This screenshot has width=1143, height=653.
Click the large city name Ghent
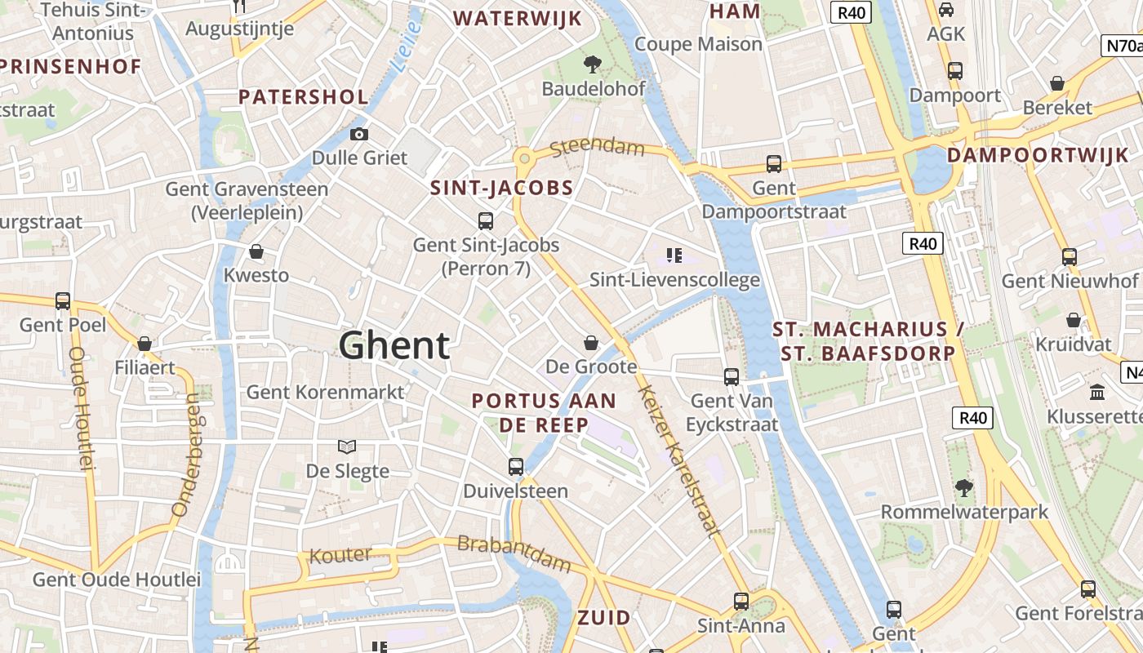tap(394, 345)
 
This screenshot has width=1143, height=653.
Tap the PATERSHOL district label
tap(304, 96)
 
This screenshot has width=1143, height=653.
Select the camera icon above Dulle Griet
tap(358, 134)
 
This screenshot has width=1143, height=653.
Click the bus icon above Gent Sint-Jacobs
tap(486, 220)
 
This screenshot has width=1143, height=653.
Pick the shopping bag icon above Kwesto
tap(256, 251)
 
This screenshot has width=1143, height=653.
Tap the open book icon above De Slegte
tap(347, 446)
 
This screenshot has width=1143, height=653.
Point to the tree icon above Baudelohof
tap(593, 64)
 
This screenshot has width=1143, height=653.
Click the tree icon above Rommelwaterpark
tap(964, 488)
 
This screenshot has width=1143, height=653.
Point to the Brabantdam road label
tap(514, 554)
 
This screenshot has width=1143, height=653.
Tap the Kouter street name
tap(340, 555)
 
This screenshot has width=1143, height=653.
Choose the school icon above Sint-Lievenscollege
tap(674, 255)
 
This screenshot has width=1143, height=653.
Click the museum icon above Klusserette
tap(1097, 392)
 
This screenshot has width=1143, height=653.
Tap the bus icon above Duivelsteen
tap(516, 467)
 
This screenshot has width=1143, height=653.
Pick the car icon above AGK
tap(946, 10)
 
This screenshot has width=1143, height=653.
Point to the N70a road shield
tap(1123, 46)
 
